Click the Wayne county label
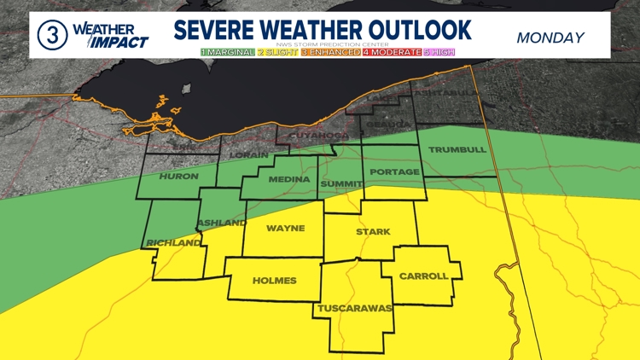pos(285,229)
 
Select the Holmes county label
pos(274,281)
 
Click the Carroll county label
pos(423,276)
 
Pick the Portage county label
pos(394,172)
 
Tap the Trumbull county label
pos(457,149)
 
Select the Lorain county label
pos(249,155)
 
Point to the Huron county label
pos(178,177)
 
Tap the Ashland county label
pos(216,224)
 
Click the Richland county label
pos(173,243)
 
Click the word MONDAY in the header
pos(550,38)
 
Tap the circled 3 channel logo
pos(51,35)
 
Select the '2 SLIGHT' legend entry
pos(277,52)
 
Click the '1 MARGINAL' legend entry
pos(227,52)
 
